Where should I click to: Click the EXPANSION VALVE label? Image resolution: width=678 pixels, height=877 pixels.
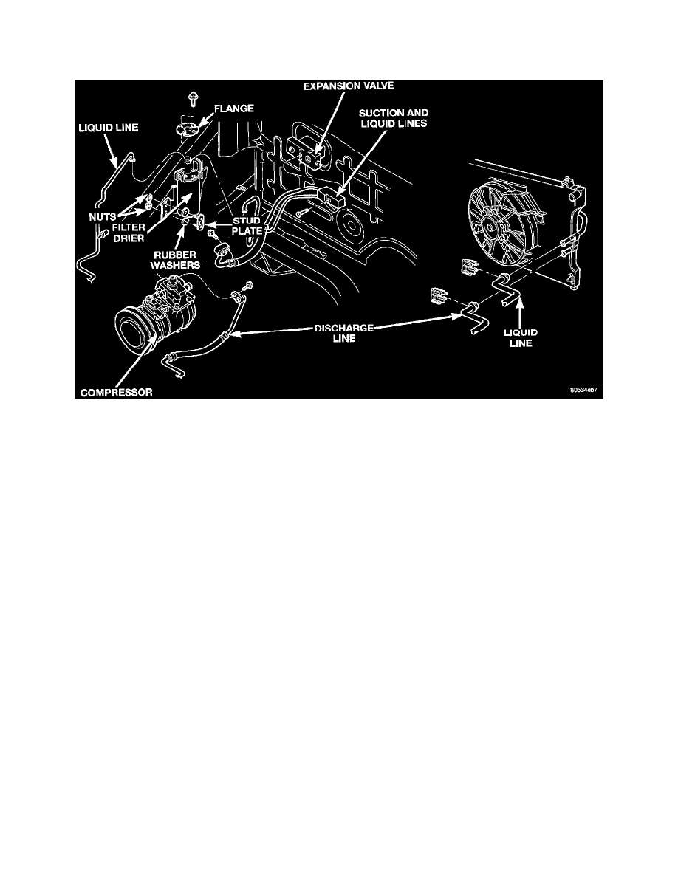coord(348,86)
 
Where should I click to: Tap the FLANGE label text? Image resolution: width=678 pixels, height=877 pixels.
coord(234,109)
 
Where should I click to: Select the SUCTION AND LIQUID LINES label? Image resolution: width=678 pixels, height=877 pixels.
coord(394,118)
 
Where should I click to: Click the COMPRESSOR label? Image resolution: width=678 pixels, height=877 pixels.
coord(117,393)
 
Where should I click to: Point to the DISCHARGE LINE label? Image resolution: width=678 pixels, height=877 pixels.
coord(344,333)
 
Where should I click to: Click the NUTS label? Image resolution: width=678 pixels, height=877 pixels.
coord(102,216)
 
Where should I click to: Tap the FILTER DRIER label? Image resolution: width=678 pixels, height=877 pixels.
coord(128,233)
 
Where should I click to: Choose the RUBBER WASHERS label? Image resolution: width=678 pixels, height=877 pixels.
coord(175,260)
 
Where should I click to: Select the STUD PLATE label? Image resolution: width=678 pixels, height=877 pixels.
coord(247,225)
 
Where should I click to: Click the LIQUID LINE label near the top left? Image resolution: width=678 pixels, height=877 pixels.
coord(108,128)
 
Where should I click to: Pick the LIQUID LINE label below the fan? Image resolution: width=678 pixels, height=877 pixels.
coord(521,338)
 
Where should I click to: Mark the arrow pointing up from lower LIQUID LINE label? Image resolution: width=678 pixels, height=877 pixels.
coord(520,313)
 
